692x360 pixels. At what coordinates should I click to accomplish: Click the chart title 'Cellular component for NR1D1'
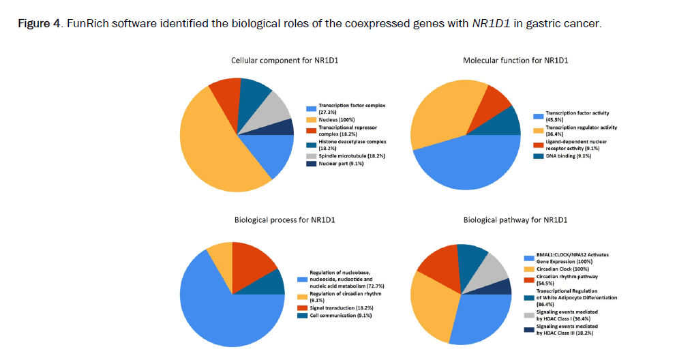point(284,61)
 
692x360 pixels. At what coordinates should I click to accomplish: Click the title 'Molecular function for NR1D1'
point(515,61)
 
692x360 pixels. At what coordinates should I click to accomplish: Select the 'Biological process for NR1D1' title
point(284,220)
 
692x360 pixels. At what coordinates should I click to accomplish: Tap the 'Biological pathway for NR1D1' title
point(515,220)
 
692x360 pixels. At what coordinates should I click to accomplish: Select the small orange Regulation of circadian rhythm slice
point(222,255)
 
